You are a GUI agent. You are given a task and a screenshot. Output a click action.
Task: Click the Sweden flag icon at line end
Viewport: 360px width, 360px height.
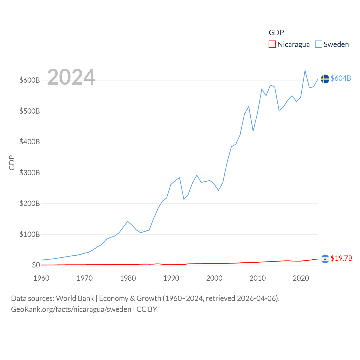tap(325, 79)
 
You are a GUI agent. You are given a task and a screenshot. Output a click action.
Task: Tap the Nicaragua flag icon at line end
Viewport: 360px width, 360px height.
tap(325, 259)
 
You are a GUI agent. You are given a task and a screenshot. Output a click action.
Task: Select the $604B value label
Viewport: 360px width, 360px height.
tap(341, 78)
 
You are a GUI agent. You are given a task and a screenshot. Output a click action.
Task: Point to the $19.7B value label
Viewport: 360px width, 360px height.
tap(341, 258)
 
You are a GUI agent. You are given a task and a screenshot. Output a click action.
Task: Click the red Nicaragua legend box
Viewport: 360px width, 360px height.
tap(272, 44)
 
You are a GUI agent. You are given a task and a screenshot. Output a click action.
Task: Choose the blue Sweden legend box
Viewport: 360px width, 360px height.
tap(318, 44)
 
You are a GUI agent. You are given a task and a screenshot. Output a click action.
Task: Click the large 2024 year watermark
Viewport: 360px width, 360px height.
tap(71, 77)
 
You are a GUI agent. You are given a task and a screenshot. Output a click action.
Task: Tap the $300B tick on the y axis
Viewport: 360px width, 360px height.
tap(30, 173)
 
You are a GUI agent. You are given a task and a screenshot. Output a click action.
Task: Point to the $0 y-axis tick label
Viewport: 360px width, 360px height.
tap(36, 265)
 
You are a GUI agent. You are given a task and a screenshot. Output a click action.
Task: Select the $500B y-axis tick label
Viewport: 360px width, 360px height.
tap(30, 111)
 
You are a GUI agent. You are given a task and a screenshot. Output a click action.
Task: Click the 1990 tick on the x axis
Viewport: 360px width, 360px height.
tap(171, 278)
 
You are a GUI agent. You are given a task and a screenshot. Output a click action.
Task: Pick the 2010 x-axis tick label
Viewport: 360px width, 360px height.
tap(258, 278)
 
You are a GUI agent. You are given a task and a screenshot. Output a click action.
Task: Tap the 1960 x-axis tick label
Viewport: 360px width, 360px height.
tap(41, 278)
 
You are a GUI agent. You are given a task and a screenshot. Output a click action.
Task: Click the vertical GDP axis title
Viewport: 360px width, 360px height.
tap(12, 163)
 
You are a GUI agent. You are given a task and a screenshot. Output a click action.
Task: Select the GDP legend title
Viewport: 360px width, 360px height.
tap(276, 33)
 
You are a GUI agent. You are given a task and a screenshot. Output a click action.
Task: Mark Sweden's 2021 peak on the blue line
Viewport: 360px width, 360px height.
tap(305, 71)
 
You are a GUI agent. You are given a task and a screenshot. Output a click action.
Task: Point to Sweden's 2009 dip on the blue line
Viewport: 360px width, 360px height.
tap(253, 131)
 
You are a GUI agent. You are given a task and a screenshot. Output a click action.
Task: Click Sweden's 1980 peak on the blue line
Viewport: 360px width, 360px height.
tap(128, 221)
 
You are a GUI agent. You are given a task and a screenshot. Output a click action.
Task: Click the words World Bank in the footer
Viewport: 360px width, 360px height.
tap(75, 298)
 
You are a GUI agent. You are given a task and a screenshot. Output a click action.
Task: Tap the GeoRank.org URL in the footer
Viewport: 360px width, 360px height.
tap(71, 309)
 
